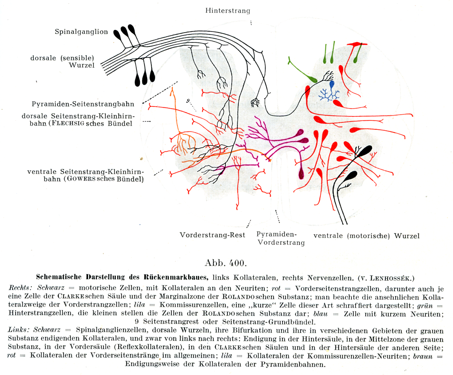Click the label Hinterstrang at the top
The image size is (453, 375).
click(x=227, y=11)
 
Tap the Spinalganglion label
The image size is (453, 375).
click(x=82, y=31)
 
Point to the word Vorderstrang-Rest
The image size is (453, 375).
click(x=212, y=235)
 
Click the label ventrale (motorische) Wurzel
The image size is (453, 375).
click(x=367, y=235)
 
